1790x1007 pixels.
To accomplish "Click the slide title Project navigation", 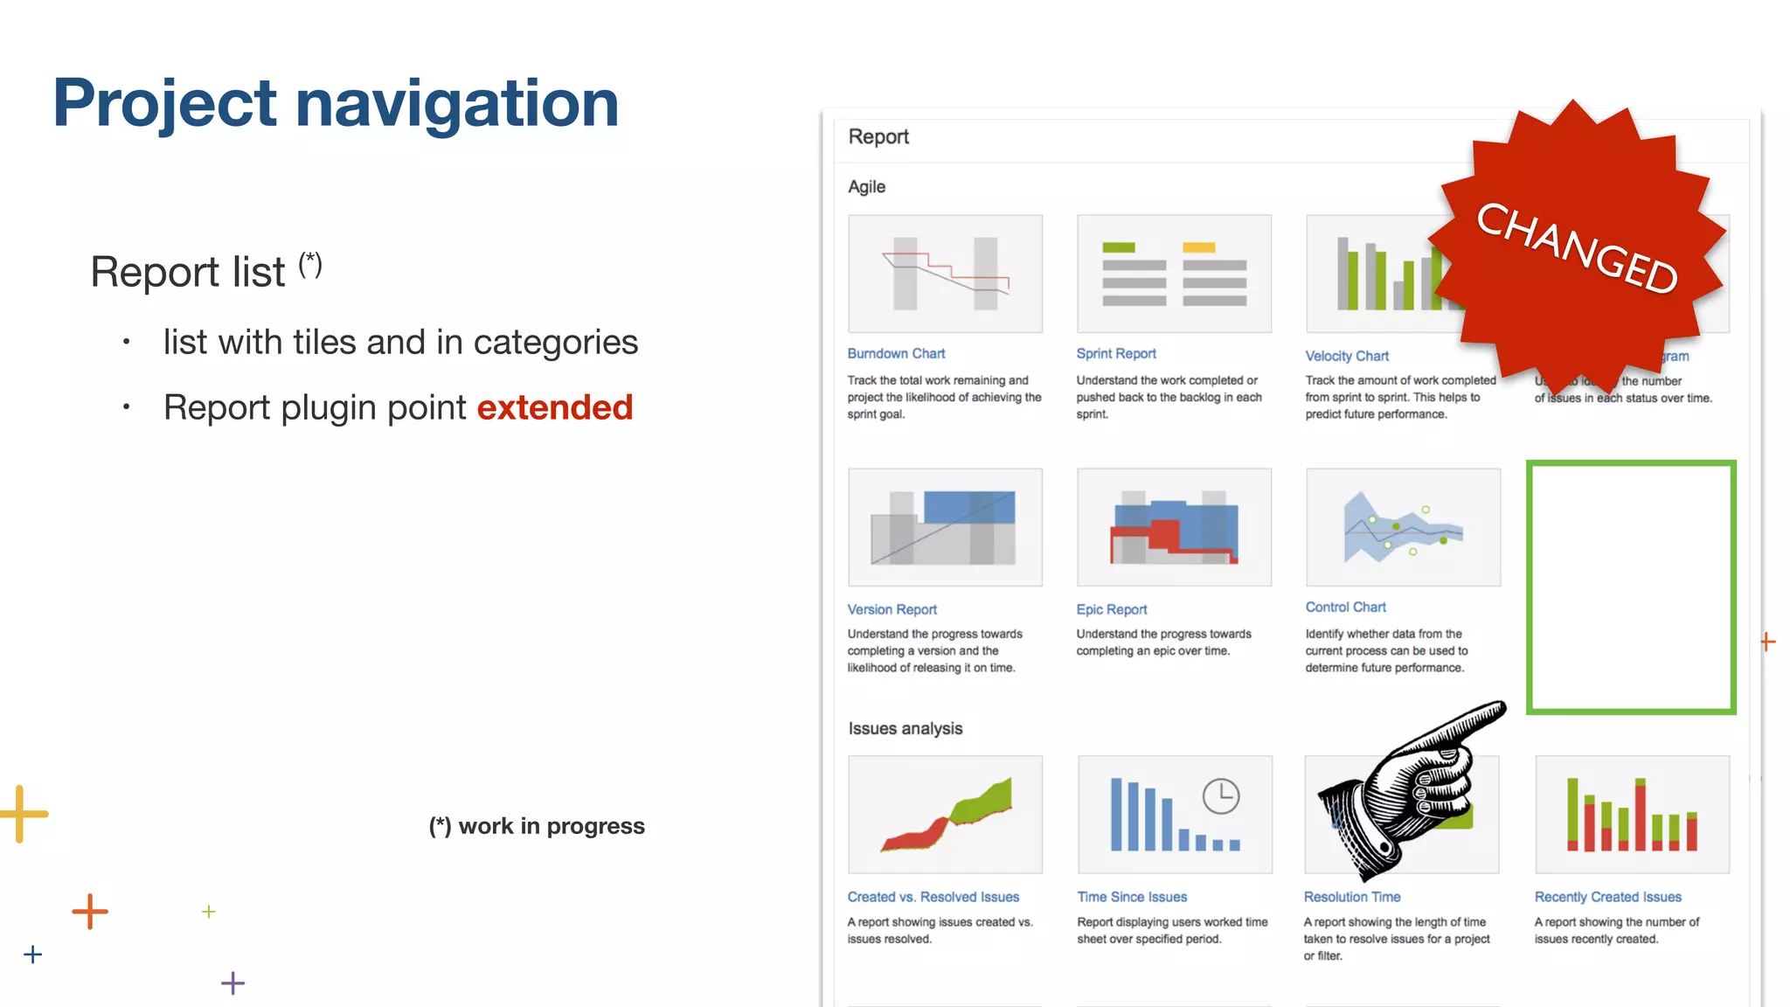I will click(x=336, y=103).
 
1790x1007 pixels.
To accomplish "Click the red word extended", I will click(x=554, y=407).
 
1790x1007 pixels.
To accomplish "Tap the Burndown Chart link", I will click(x=896, y=353).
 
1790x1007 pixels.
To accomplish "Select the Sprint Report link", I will click(x=1116, y=353).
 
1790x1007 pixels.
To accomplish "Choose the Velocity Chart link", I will click(x=1347, y=356).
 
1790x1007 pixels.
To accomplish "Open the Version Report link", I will click(x=892, y=609).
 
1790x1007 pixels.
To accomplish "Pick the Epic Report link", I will click(x=1112, y=609).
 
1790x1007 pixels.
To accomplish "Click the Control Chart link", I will click(x=1345, y=607).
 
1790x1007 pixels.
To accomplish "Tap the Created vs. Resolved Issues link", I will click(x=933, y=897).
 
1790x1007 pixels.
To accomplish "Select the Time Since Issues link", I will click(x=1132, y=897).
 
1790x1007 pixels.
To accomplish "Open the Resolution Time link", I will click(x=1351, y=897).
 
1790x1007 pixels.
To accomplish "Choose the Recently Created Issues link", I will click(x=1607, y=897).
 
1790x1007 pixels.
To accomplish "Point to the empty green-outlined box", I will click(x=1631, y=587).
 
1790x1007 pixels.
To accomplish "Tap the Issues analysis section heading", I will click(x=905, y=728).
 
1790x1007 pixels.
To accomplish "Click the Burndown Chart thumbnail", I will click(x=945, y=274).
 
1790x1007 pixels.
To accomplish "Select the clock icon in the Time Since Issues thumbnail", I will click(x=1220, y=796).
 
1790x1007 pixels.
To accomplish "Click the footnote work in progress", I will click(x=537, y=826).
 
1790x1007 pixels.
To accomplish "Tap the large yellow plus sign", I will click(x=21, y=814).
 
